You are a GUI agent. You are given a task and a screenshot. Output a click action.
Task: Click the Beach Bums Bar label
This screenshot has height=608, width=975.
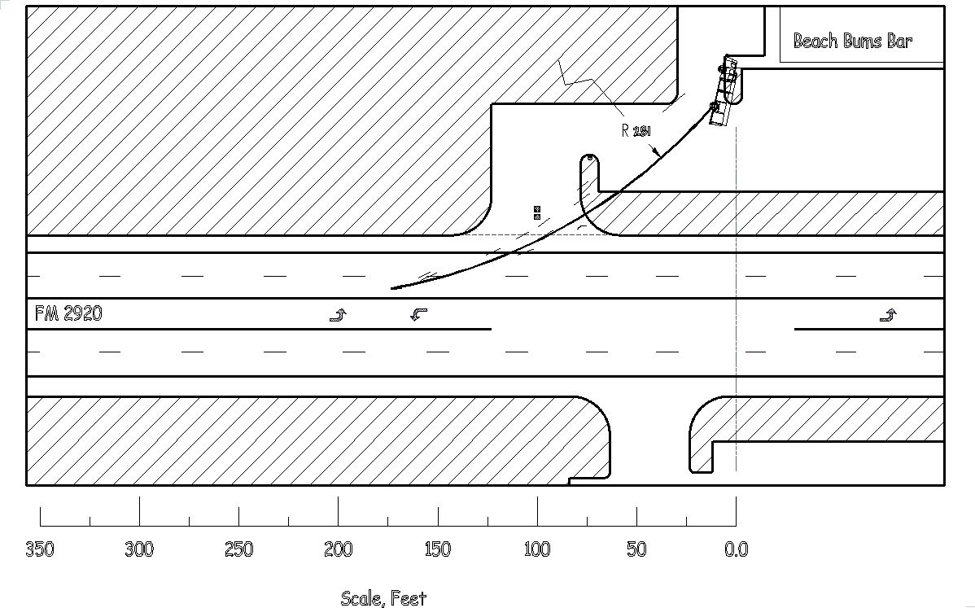[x=852, y=41]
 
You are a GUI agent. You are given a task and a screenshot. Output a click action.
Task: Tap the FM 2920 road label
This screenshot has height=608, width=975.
[x=68, y=313]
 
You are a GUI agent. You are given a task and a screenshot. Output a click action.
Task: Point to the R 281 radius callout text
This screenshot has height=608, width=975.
[x=636, y=131]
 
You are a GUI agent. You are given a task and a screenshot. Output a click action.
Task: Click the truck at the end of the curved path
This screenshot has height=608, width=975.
[x=723, y=94]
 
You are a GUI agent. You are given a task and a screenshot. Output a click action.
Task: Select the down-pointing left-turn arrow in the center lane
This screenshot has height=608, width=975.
[x=419, y=314]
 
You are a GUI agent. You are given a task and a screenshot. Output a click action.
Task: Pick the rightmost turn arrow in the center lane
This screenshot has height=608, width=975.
[x=888, y=315]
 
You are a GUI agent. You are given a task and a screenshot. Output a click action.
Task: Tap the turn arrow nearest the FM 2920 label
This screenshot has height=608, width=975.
[x=338, y=315]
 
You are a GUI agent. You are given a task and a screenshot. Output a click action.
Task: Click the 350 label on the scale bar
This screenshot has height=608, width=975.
[x=39, y=549]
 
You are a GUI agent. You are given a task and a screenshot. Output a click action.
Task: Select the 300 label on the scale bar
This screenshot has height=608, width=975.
[x=139, y=549]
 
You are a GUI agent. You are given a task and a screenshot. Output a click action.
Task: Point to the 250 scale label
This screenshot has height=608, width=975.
[x=238, y=549]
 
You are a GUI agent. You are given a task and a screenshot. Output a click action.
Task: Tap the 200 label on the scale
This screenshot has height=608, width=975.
[x=338, y=549]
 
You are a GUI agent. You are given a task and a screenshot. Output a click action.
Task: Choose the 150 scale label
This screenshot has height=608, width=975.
[x=437, y=549]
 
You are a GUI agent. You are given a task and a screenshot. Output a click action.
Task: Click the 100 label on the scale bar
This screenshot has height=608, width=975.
[x=537, y=549]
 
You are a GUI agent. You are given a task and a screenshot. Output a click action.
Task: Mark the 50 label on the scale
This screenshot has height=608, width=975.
[x=636, y=549]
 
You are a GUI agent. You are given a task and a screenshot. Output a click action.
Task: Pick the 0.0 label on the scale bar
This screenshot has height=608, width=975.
[x=736, y=549]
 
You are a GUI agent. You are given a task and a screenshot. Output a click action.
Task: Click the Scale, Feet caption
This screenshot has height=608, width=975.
[x=383, y=599]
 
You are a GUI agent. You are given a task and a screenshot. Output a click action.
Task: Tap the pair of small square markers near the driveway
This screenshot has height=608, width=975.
[x=537, y=213]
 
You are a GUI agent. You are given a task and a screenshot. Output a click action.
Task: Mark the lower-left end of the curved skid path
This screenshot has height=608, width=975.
[x=392, y=288]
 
